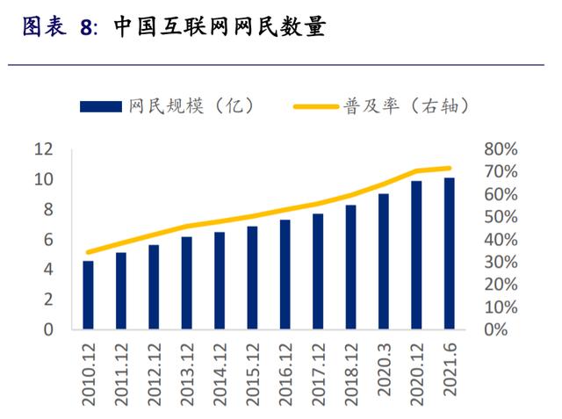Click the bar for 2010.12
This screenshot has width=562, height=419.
point(88,295)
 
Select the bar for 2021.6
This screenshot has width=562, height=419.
point(449,254)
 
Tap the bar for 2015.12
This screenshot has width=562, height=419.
point(252,278)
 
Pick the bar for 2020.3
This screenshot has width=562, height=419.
point(383,262)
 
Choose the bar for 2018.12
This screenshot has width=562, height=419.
point(350,267)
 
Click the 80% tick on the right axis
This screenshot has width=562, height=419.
point(501,149)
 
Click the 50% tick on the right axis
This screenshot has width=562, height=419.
point(501,217)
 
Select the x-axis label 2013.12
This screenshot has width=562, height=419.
point(186,369)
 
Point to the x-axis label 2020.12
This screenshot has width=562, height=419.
point(415,369)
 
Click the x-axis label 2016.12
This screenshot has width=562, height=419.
point(285,369)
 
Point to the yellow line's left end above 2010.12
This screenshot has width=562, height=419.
point(88,252)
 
